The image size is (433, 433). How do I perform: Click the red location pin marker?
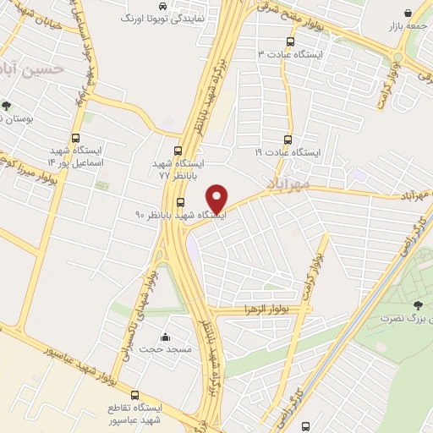[217, 199]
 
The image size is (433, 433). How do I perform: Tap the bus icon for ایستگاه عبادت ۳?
[291, 41]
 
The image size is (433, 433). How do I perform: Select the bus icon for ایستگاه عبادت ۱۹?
[288, 140]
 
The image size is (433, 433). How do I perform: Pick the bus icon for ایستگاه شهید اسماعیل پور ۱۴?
[76, 140]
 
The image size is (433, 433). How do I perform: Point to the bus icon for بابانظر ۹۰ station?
[181, 201]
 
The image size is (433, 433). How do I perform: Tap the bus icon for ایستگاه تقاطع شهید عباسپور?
[134, 394]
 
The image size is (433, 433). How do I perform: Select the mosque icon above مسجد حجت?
[164, 336]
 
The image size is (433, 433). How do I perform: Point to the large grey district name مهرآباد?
[290, 183]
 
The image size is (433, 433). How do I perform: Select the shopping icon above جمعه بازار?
[408, 13]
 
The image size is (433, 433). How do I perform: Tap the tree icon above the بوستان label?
[7, 107]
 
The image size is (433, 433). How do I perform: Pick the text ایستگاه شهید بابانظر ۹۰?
[182, 215]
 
